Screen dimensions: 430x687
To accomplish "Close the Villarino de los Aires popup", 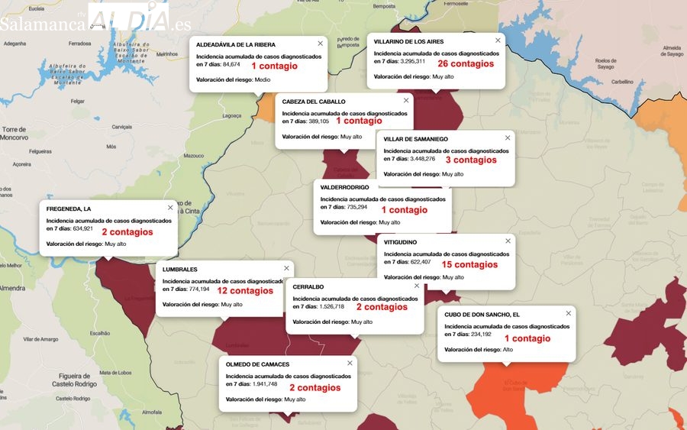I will tap(498, 40).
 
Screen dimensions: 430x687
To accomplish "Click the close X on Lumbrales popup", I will tap(287, 268).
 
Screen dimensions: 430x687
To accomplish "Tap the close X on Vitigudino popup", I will tap(507, 241).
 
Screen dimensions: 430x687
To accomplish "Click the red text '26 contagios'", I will tap(466, 64).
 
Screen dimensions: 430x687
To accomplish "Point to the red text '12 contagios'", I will tap(245, 291).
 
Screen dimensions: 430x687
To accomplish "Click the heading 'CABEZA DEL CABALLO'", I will tap(314, 102).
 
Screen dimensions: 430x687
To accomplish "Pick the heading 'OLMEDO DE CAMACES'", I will tap(257, 364).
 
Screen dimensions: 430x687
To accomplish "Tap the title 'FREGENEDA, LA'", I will tap(69, 209).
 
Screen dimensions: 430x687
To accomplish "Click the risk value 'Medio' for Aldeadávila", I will tap(263, 79).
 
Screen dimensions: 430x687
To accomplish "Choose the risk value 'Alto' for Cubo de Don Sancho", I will tap(508, 349).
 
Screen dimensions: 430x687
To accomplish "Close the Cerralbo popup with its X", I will tap(417, 286).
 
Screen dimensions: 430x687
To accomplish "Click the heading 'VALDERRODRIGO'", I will tap(344, 187).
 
